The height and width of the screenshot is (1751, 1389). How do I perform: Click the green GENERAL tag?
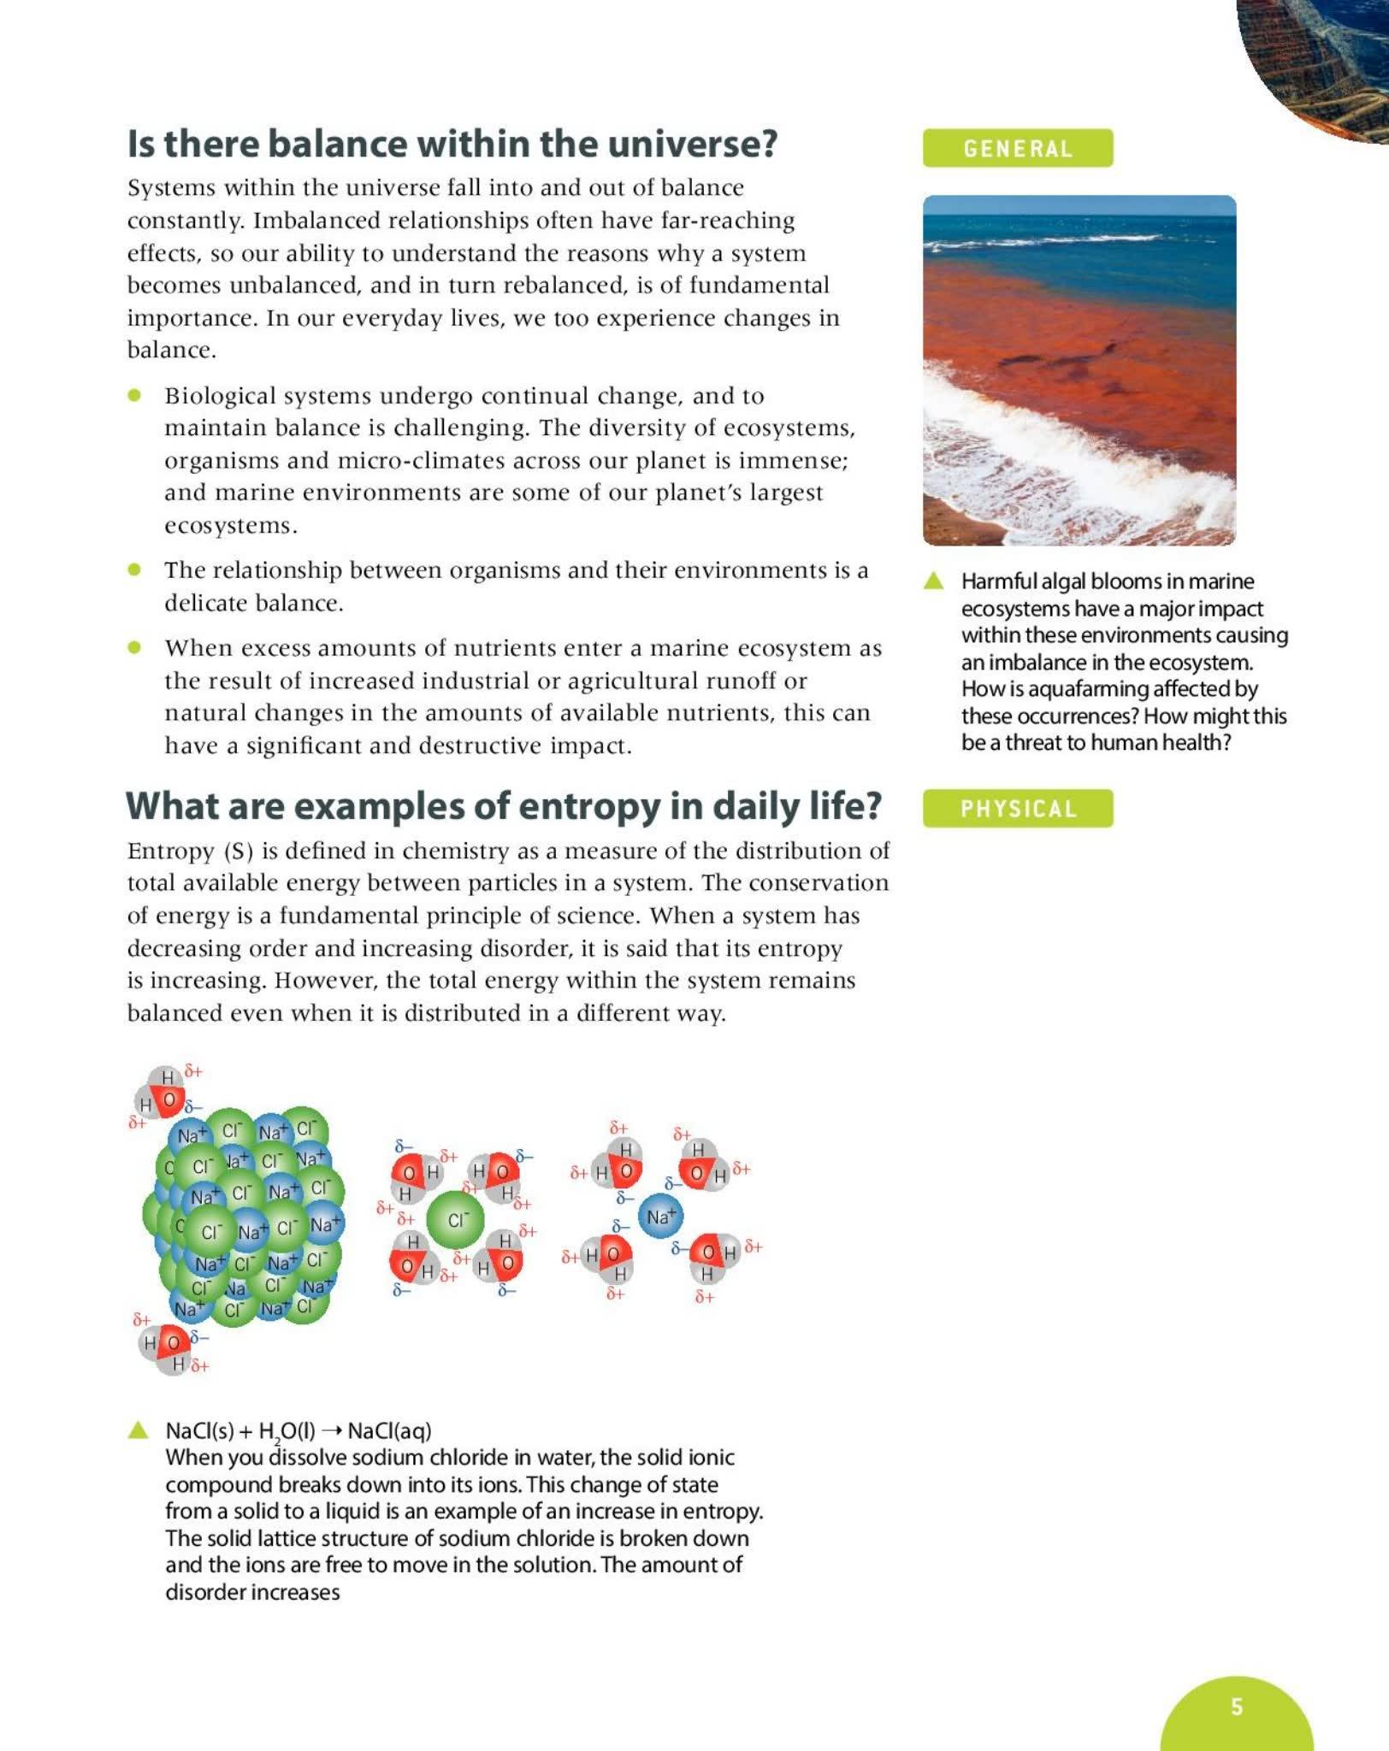point(1017,149)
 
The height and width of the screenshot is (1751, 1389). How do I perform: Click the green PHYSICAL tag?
point(1017,809)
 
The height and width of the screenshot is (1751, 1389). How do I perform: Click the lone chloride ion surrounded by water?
point(455,1220)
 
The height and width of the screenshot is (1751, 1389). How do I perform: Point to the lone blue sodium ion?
point(660,1216)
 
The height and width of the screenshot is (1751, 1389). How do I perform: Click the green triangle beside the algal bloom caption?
point(933,581)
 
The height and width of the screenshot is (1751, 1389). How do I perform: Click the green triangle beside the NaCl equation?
point(138,1430)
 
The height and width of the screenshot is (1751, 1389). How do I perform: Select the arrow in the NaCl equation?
point(331,1430)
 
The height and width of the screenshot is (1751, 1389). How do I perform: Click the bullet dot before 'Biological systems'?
point(134,395)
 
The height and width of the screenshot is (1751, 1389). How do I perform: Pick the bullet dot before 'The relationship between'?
point(134,569)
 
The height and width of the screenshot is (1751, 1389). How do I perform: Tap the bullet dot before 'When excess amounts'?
point(134,647)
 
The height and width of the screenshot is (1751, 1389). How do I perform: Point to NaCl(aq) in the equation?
point(389,1430)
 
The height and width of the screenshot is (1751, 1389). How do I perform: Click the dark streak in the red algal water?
point(1061,359)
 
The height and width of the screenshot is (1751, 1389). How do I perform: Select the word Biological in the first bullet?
point(220,396)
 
